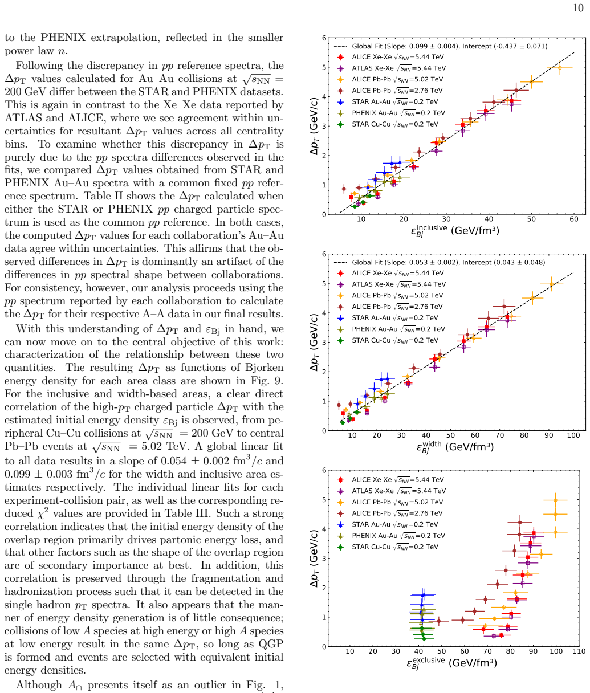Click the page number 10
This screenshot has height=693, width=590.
point(578,8)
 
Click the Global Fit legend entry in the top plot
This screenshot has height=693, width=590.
point(441,46)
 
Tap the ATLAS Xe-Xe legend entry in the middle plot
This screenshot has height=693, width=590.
point(391,284)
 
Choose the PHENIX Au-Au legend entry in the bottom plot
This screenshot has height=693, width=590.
point(390,536)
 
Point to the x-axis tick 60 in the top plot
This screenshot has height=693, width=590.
point(573,219)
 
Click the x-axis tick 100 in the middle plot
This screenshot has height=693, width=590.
point(573,435)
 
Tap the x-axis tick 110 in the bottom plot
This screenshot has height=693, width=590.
point(579,651)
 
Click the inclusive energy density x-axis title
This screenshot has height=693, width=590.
point(455,231)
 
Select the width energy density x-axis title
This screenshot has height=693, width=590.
point(455,447)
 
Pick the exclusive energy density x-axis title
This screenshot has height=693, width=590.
point(451,663)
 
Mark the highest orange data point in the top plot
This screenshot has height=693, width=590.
point(559,68)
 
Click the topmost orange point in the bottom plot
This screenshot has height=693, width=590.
point(555,500)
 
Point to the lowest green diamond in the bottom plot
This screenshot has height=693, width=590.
point(424,639)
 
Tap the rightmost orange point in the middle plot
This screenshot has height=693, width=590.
point(551,284)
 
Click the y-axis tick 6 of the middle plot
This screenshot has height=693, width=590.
point(324,254)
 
